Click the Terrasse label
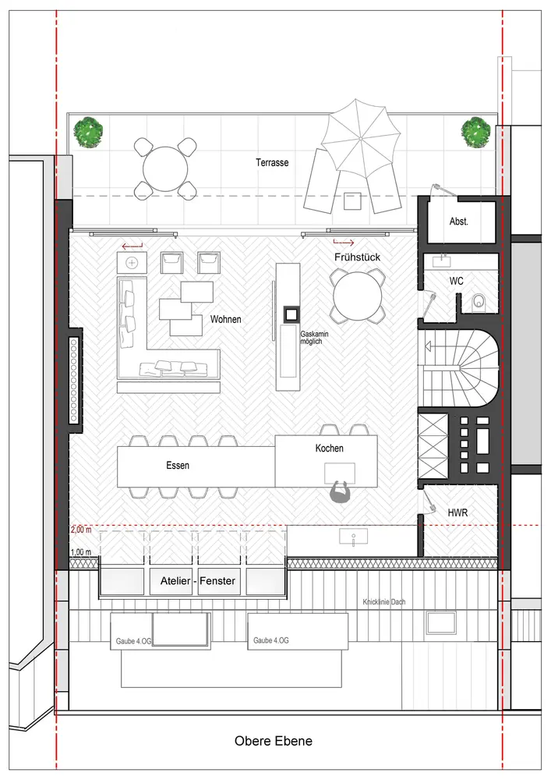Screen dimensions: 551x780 click(x=272, y=163)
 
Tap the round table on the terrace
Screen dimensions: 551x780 click(x=165, y=168)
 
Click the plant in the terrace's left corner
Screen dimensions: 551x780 click(x=88, y=132)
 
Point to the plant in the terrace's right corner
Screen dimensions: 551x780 click(x=476, y=132)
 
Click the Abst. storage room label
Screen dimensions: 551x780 click(x=458, y=222)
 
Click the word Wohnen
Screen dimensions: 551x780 click(x=225, y=319)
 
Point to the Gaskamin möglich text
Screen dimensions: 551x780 click(x=314, y=339)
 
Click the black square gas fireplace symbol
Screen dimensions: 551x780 click(x=291, y=314)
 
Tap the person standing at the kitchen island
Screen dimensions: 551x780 click(x=341, y=493)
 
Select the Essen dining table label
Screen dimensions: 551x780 click(x=178, y=466)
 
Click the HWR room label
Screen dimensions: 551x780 click(x=457, y=512)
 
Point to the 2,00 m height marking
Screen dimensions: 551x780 click(x=81, y=530)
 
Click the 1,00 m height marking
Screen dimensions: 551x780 click(x=81, y=552)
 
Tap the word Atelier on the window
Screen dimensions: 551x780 click(x=175, y=580)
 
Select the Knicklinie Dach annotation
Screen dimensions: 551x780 click(x=384, y=602)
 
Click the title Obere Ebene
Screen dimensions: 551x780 click(x=274, y=741)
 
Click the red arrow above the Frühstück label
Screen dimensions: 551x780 click(x=344, y=243)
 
